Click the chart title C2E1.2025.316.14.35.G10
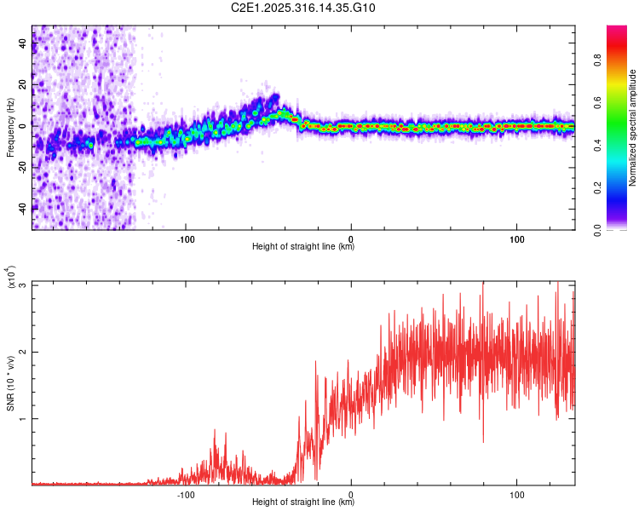click(x=303, y=8)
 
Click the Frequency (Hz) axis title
click(x=11, y=128)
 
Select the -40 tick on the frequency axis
click(x=21, y=207)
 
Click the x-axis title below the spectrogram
click(x=303, y=247)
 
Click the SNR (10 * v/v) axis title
click(x=11, y=383)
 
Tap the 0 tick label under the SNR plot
click(x=351, y=494)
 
